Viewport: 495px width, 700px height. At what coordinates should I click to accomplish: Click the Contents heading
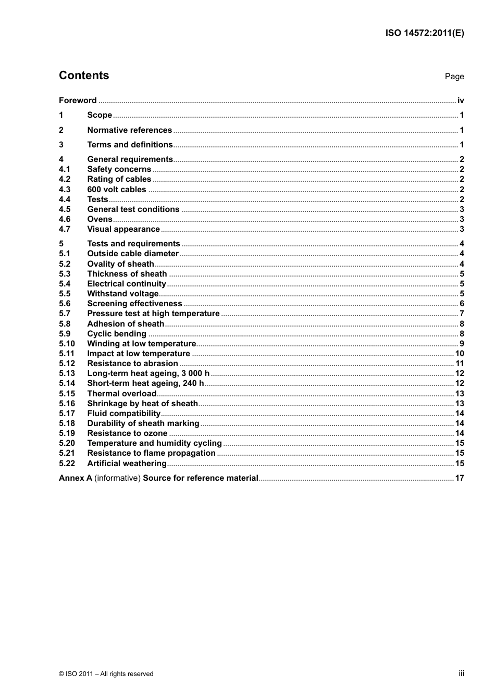[84, 76]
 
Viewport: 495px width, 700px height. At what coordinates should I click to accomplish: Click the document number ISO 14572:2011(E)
[424, 33]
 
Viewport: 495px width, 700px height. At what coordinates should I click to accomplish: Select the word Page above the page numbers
[454, 77]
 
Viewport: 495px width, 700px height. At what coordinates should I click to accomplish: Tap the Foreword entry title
[78, 101]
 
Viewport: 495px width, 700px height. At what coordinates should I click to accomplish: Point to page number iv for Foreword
[461, 101]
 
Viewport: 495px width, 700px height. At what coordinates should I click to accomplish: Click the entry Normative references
[129, 130]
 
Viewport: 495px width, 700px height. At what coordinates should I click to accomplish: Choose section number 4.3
[65, 190]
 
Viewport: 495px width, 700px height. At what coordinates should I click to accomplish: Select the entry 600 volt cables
[117, 190]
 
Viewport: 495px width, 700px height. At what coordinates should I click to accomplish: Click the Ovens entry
[100, 219]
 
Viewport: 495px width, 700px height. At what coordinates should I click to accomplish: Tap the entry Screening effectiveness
[134, 304]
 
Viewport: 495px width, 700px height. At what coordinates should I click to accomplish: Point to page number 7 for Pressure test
[462, 314]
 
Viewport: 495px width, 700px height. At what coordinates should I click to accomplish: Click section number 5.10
[67, 344]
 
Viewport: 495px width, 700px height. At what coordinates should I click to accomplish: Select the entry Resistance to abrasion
[132, 364]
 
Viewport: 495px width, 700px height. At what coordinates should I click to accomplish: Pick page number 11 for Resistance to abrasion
[460, 364]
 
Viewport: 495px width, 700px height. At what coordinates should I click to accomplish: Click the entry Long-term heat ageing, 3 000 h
[148, 373]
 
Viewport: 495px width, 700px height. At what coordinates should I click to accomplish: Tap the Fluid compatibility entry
[123, 414]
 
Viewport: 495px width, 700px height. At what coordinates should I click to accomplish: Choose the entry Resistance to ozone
[127, 433]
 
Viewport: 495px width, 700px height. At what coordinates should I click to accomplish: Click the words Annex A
[75, 478]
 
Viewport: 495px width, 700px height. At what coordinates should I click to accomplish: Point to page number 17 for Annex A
[460, 478]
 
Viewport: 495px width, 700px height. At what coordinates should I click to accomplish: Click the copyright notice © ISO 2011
[106, 674]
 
